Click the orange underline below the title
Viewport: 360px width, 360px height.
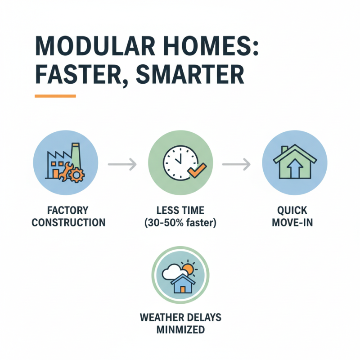click(x=55, y=96)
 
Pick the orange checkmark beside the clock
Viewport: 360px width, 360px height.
click(x=197, y=170)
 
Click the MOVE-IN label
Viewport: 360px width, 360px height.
click(x=294, y=223)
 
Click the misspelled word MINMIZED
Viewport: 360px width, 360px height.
click(x=180, y=329)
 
